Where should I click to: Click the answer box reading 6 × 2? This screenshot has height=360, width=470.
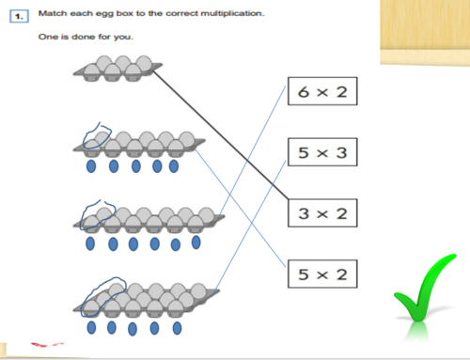[x=321, y=93]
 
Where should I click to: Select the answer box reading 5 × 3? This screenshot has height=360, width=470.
[x=321, y=153]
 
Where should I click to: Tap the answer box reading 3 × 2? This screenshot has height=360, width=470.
[x=321, y=213]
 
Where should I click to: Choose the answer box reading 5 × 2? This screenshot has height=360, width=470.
[x=321, y=274]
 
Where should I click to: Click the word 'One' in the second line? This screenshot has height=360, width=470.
[x=45, y=38]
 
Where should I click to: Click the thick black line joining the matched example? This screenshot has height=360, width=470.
[x=221, y=136]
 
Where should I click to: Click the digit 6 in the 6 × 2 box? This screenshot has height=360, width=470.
[x=304, y=93]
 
